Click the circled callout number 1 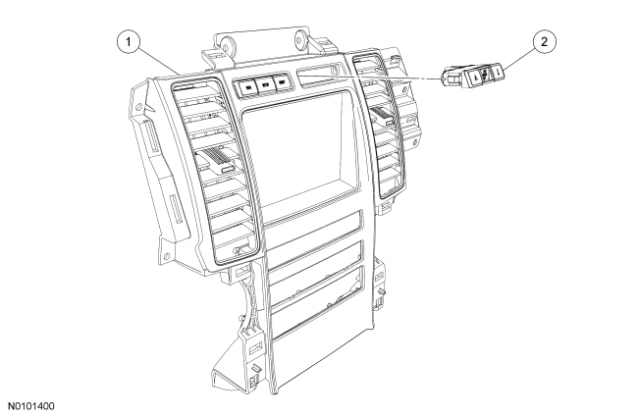(129, 42)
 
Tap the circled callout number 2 (545, 42)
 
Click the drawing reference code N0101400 (31, 406)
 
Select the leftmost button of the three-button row (247, 86)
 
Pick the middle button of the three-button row (265, 85)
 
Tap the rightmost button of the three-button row (281, 83)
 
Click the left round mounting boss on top (225, 42)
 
